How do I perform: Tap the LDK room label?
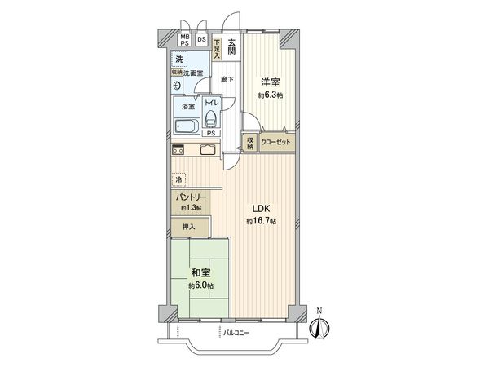tap(262, 208)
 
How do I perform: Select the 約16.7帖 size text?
tap(262, 221)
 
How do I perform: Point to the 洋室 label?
tap(271, 82)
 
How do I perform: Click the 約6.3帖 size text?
tap(271, 95)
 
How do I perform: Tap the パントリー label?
tap(190, 197)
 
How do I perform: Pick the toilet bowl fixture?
tap(212, 118)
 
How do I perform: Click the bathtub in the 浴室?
tap(187, 127)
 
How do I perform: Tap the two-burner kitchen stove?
tap(177, 150)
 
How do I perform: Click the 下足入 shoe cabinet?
tap(218, 47)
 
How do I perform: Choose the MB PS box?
tap(185, 40)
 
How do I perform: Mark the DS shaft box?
tap(201, 40)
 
